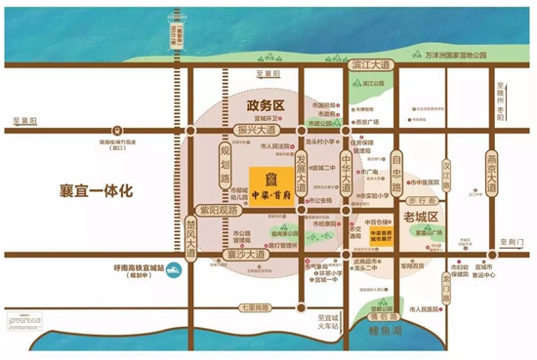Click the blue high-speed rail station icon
(x=172, y=271)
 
